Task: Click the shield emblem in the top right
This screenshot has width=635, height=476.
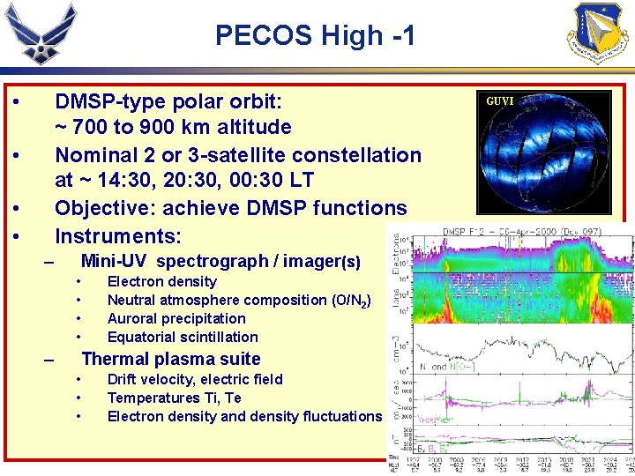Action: coord(601,33)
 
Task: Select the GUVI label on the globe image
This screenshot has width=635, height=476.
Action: coord(500,100)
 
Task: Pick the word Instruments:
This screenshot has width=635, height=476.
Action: coord(118,236)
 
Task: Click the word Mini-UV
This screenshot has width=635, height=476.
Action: coord(115,262)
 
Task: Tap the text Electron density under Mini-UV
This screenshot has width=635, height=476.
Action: coord(161,281)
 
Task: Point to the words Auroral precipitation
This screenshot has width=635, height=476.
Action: coord(176,318)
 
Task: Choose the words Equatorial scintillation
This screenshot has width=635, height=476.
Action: coord(183,337)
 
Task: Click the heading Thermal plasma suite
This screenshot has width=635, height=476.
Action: coord(171,359)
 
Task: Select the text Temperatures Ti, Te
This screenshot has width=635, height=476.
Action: coord(174,398)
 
